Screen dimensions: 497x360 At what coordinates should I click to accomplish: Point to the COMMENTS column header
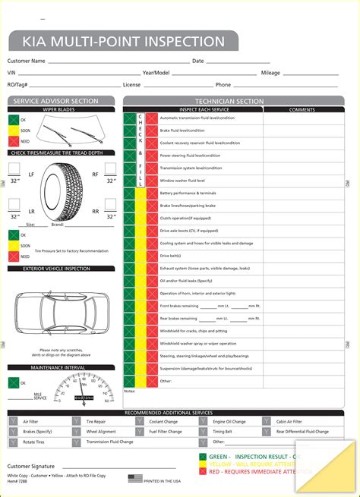pyautogui.click(x=301, y=109)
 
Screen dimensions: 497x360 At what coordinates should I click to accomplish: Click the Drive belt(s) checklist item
pyautogui.click(x=171, y=256)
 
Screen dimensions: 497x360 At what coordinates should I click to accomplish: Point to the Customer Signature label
pyautogui.click(x=30, y=466)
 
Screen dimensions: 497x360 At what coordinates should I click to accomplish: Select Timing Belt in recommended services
pyautogui.click(x=224, y=431)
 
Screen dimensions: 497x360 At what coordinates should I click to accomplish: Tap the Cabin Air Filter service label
pyautogui.click(x=289, y=421)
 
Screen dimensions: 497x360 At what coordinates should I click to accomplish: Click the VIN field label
pyautogui.click(x=12, y=73)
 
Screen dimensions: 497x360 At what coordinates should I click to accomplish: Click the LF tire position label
pyautogui.click(x=31, y=175)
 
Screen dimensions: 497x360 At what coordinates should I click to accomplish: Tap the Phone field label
pyautogui.click(x=223, y=85)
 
